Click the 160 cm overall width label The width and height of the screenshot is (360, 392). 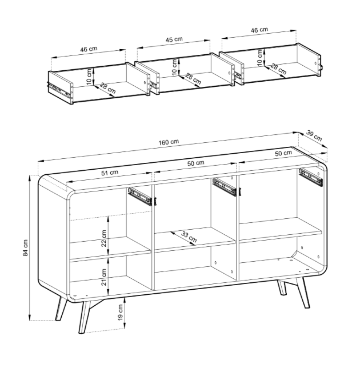(169, 142)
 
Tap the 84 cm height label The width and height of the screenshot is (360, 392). (26, 248)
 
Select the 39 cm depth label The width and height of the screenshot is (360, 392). (314, 136)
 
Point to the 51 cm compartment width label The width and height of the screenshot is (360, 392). (110, 173)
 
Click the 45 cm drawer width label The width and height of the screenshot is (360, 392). (174, 39)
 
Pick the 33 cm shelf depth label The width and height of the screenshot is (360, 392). (189, 237)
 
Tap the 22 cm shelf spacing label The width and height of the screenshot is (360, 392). (104, 238)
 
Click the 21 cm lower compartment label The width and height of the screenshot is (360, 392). (104, 277)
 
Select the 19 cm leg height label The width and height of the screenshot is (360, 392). (120, 313)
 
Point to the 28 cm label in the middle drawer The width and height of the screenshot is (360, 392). (193, 78)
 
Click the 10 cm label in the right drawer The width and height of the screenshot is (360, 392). (260, 58)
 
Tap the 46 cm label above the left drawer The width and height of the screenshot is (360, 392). (89, 49)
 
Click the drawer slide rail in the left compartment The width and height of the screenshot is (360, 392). (140, 197)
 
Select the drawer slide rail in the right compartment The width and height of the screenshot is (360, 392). (310, 177)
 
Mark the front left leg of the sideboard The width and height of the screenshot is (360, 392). (84, 317)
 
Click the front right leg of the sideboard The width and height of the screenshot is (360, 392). (303, 292)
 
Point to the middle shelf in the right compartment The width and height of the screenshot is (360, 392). (280, 230)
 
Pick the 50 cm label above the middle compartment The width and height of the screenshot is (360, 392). (196, 163)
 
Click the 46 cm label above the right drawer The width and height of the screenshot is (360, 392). (259, 30)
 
